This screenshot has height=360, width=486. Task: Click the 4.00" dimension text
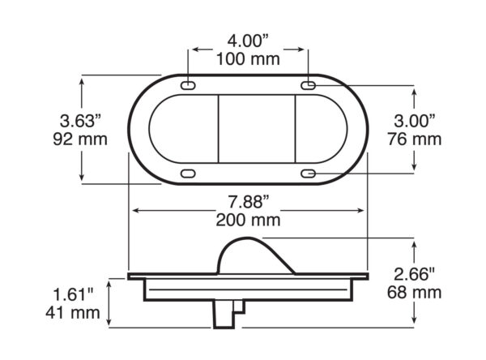point(249,39)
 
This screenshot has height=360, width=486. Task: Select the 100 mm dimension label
point(249,58)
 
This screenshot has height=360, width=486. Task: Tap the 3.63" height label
point(79,121)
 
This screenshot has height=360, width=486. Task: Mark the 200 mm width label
point(249,220)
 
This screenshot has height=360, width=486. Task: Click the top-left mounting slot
point(188,86)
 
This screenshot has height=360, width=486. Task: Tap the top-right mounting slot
point(309,86)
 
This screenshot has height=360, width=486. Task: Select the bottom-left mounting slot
point(188,173)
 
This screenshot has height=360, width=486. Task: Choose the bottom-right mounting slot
point(309,173)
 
